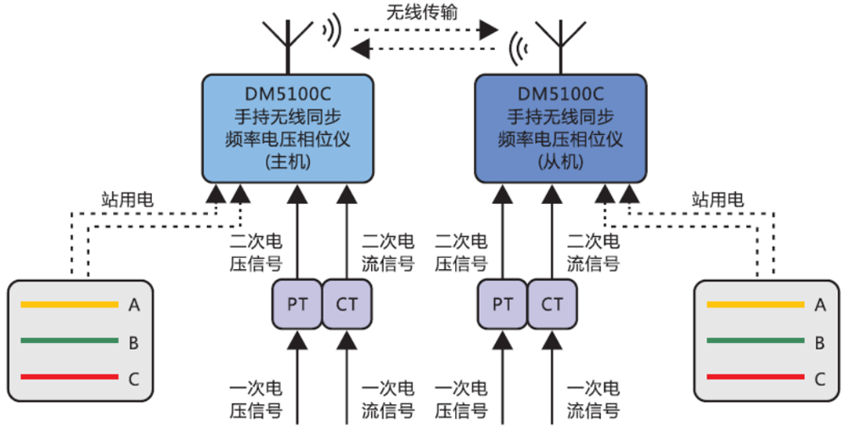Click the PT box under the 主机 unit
296,304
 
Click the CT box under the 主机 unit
346,304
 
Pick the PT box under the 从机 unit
502,304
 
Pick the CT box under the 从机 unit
552,304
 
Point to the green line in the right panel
756,342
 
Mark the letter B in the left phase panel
133,342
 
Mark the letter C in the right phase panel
819,379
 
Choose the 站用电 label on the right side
717,200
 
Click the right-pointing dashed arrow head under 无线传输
487,31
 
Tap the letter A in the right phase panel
819,305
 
